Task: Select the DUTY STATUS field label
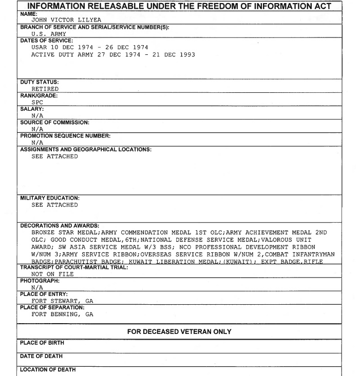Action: tap(40, 82)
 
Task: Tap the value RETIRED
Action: tap(45, 89)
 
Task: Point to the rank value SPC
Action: tap(37, 102)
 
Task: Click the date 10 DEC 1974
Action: tap(71, 47)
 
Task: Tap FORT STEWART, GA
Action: tap(62, 301)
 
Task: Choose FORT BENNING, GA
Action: tap(62, 314)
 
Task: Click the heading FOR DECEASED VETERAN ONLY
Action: tap(179, 332)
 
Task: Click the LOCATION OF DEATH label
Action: tap(48, 369)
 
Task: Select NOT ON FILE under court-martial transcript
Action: tap(52, 274)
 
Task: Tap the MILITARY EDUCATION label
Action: tap(50, 198)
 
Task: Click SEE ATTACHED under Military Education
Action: tap(54, 205)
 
